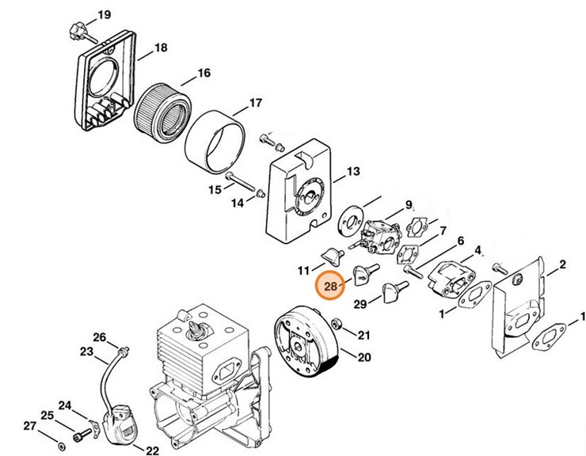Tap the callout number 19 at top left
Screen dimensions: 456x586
[x=105, y=16]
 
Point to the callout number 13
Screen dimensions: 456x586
[x=352, y=172]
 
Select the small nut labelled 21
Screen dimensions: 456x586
[x=337, y=324]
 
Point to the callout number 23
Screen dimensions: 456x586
[x=86, y=351]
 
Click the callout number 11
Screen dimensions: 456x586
[x=303, y=271]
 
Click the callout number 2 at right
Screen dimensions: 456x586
[x=561, y=264]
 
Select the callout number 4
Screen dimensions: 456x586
[x=478, y=251]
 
